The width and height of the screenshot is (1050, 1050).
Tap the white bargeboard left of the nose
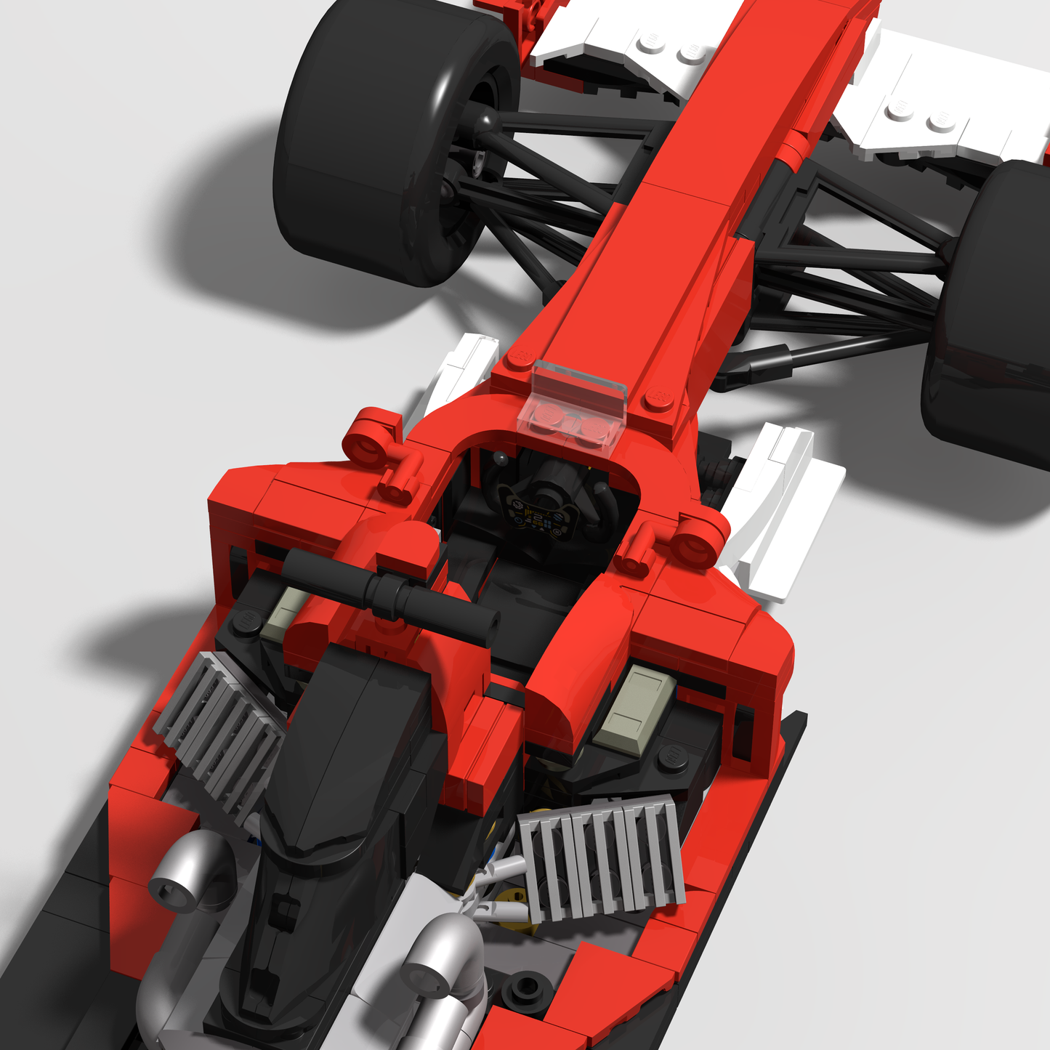coord(461,371)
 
